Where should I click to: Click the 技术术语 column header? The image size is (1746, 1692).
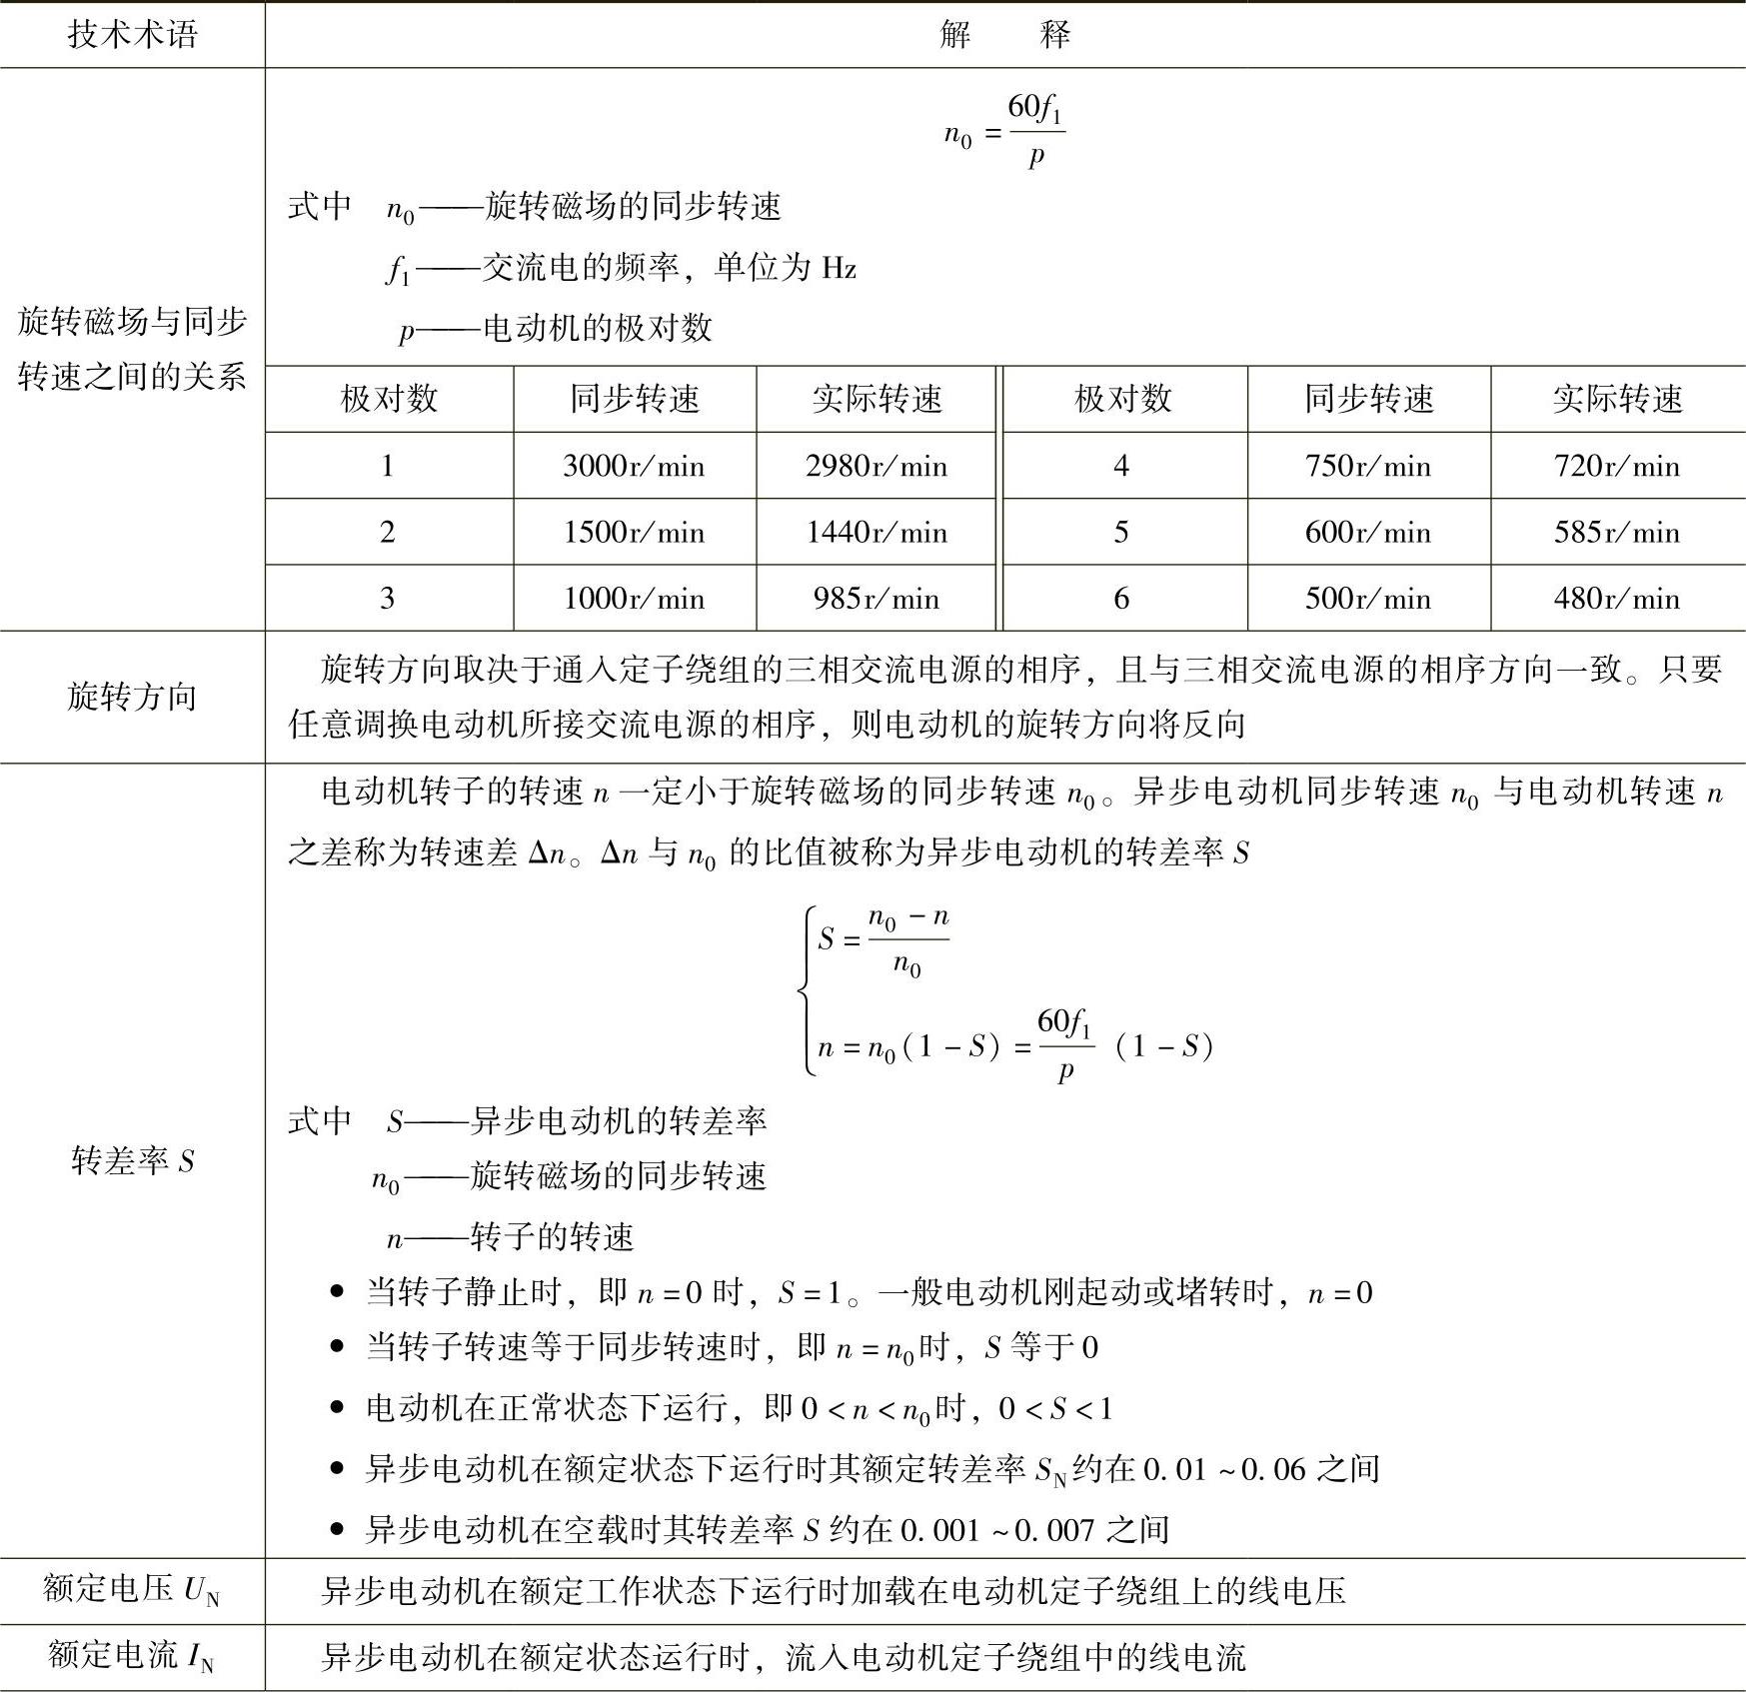click(132, 35)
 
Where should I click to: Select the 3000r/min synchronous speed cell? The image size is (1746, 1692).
click(634, 466)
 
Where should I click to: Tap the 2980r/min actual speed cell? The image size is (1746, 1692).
click(876, 466)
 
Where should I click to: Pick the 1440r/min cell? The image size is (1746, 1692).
click(876, 532)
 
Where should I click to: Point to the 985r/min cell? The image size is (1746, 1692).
click(876, 598)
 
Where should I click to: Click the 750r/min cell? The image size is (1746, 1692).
click(1367, 466)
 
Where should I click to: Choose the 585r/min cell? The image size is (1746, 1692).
click(1616, 532)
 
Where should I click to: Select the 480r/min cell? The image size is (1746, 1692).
click(1616, 598)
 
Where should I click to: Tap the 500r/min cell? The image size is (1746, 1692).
click(1367, 598)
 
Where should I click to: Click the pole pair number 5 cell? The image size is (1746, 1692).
click(1121, 532)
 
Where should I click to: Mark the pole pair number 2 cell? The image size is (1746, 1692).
click(388, 532)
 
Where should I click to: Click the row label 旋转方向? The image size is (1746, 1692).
click(132, 697)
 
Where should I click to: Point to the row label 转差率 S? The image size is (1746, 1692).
click(132, 1160)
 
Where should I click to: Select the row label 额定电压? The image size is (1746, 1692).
click(132, 1589)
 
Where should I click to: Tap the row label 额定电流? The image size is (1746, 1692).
click(132, 1656)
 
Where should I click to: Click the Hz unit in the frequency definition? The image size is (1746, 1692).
click(839, 268)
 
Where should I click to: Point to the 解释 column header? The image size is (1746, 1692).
click(1004, 35)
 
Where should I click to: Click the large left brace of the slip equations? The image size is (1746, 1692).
click(806, 991)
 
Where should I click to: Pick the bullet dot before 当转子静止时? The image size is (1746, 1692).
click(337, 1292)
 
